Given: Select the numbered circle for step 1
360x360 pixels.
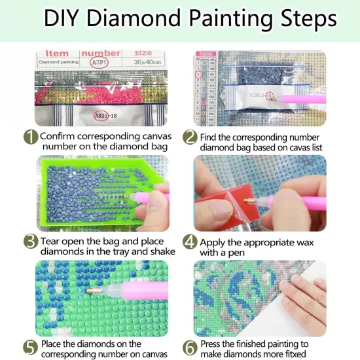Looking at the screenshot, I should click(x=29, y=137).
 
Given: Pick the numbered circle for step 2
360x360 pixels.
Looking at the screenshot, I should click(x=190, y=137).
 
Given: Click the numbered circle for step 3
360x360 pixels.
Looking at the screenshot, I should click(x=29, y=242).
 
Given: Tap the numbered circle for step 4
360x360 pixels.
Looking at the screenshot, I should click(x=190, y=242).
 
